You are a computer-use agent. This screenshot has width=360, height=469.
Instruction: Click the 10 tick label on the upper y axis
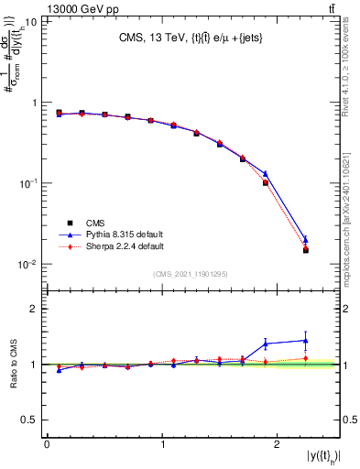click(x=31, y=21)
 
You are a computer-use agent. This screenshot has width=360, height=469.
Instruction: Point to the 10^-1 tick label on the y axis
click(x=29, y=183)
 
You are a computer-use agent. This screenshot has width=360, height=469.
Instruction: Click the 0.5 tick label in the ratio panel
click(x=32, y=420)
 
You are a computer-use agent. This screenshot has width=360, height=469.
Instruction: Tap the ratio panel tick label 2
click(x=36, y=309)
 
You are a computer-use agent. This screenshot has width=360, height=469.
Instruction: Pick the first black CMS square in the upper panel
click(x=59, y=113)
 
